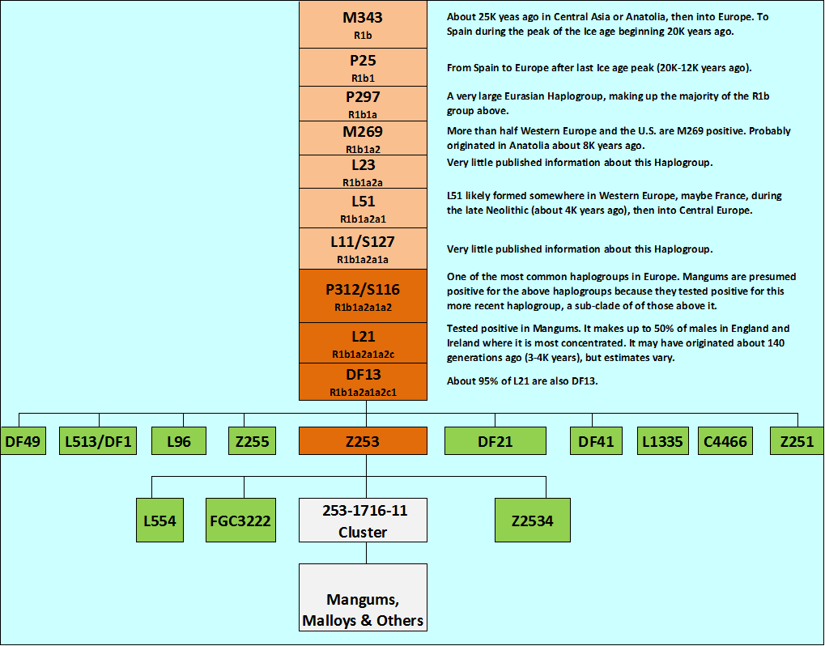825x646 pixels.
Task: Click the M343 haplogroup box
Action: (x=363, y=24)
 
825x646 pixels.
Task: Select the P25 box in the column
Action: (x=363, y=67)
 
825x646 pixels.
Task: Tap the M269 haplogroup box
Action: (x=363, y=138)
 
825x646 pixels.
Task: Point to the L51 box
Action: (x=363, y=208)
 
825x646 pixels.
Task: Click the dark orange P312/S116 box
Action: (x=363, y=295)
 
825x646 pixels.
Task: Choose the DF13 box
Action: (x=363, y=381)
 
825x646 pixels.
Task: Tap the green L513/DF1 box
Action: (x=100, y=441)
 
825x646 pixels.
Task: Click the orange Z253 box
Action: (x=363, y=441)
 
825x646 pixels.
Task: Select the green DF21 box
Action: (x=494, y=441)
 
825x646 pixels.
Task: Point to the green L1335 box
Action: (x=663, y=441)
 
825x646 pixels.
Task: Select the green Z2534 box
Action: (x=533, y=520)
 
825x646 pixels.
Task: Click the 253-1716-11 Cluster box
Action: (x=363, y=520)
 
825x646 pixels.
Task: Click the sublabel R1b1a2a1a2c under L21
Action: (x=363, y=354)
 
